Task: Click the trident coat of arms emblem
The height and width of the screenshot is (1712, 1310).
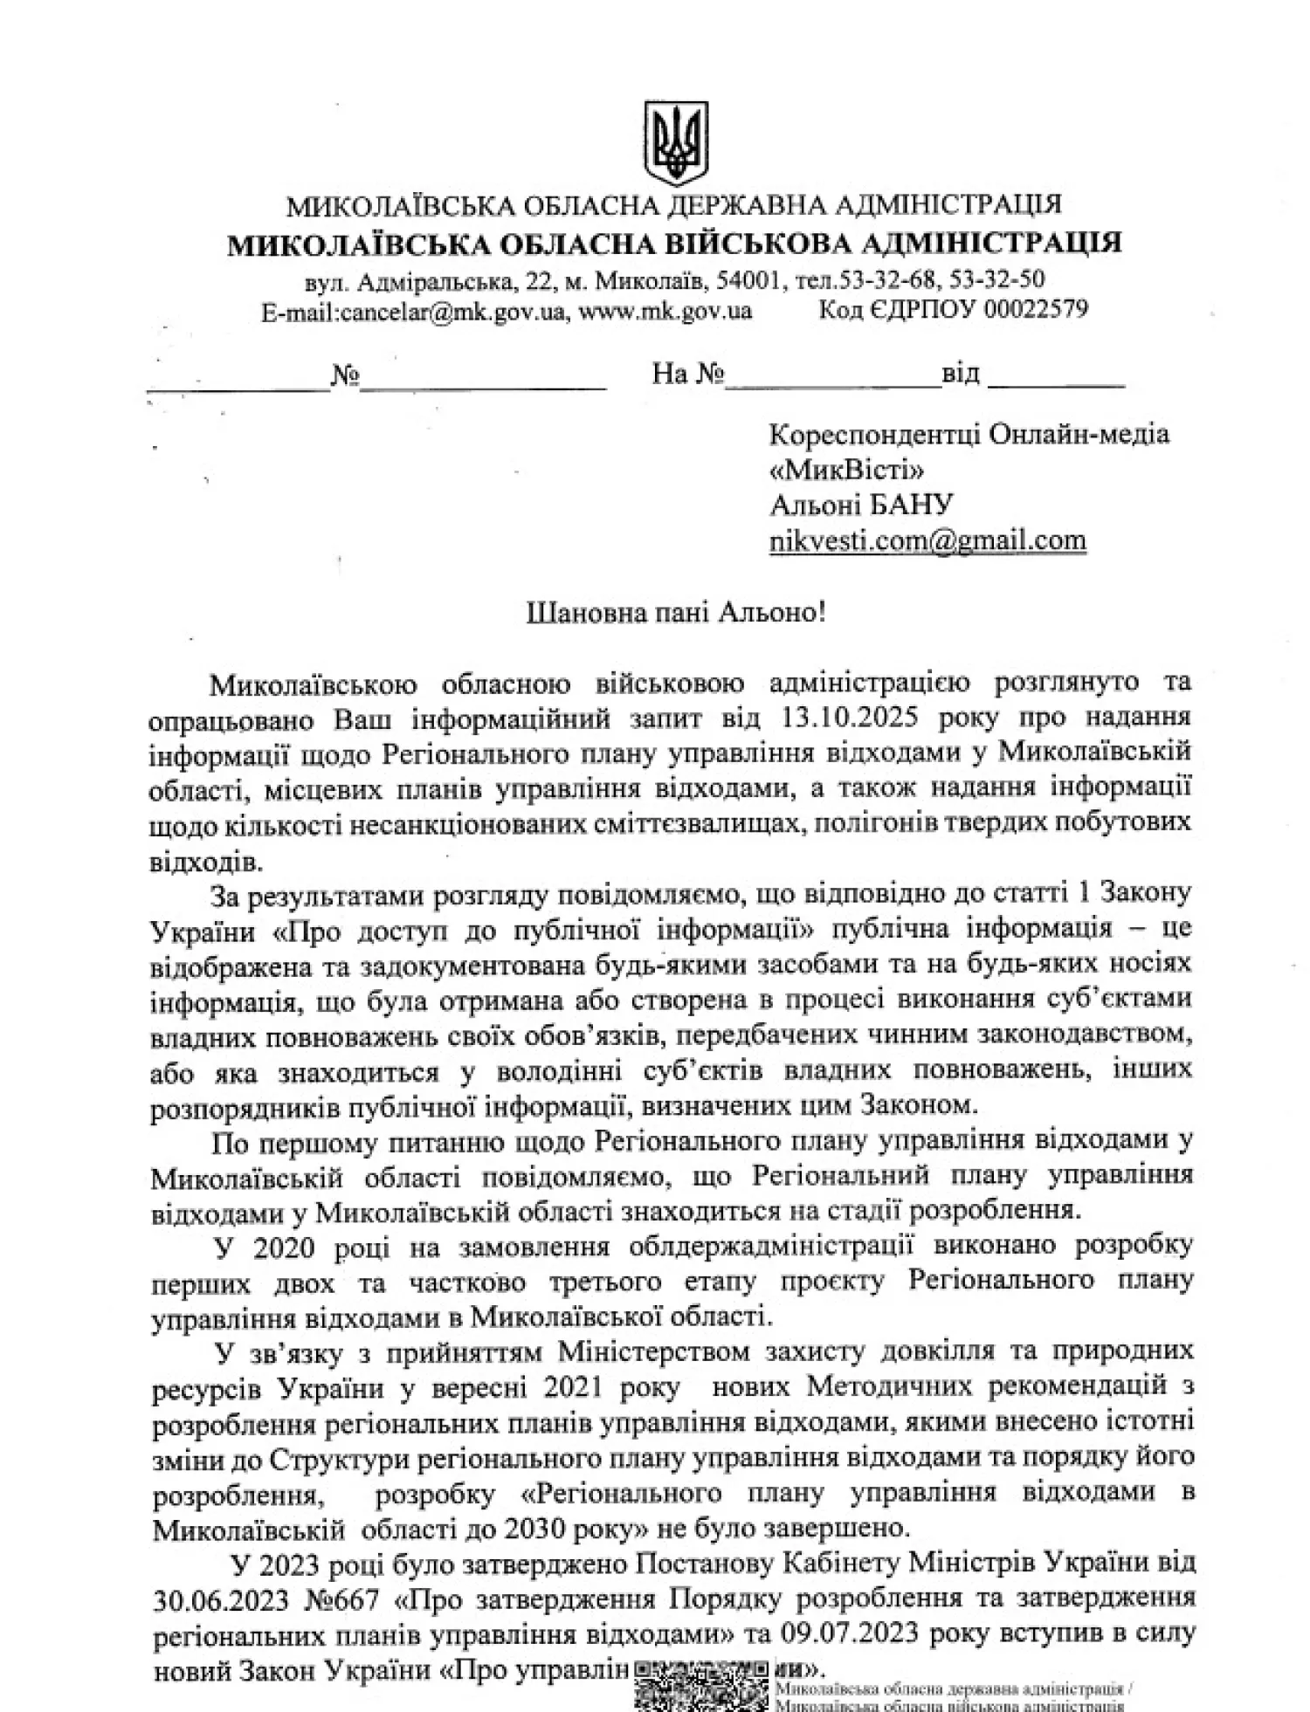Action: [x=674, y=142]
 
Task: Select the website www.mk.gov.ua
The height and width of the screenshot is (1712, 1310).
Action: [x=665, y=311]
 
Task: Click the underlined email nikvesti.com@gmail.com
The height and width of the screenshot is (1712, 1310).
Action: [x=927, y=541]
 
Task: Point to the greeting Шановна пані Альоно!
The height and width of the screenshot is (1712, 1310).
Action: [x=676, y=612]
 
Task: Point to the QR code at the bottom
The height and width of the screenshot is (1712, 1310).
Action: [x=702, y=1688]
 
